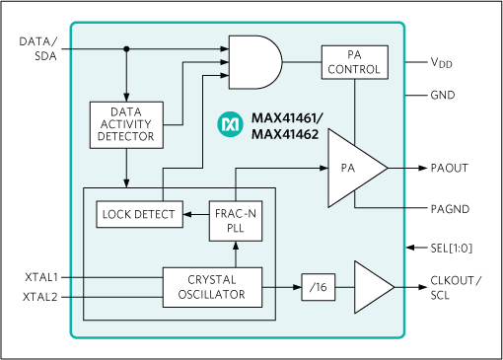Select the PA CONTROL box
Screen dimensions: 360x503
(x=354, y=62)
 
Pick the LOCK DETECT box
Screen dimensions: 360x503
(x=139, y=213)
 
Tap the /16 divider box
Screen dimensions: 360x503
(x=316, y=287)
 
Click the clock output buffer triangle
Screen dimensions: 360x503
(x=372, y=287)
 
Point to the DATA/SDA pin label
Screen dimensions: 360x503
(x=38, y=48)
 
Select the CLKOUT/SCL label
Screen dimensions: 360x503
(x=452, y=287)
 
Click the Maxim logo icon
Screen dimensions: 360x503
(x=230, y=125)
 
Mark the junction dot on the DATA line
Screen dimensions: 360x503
(x=126, y=48)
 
